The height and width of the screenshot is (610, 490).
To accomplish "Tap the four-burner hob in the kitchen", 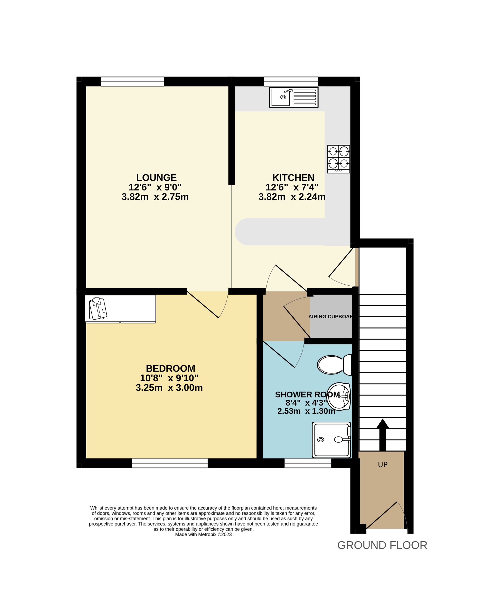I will [338, 159].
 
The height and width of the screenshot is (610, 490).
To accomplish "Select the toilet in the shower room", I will [334, 365].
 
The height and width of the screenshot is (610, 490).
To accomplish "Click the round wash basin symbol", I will [339, 396].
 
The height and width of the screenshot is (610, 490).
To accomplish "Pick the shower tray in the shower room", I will [331, 440].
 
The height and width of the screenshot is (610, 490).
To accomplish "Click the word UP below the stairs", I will [383, 465].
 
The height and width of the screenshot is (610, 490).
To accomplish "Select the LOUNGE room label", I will [156, 178].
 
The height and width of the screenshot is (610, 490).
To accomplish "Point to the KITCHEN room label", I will [293, 178].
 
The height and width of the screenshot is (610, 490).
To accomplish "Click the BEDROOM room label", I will [170, 368].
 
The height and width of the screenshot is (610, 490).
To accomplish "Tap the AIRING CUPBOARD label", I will [330, 317].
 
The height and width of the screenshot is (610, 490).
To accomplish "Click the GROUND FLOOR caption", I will [382, 545].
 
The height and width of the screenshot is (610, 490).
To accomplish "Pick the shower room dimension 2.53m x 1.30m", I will [306, 411].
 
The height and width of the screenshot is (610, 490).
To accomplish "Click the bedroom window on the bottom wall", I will [170, 463].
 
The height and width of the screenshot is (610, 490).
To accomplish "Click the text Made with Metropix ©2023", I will [203, 534].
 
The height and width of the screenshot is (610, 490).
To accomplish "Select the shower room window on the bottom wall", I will [308, 463].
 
